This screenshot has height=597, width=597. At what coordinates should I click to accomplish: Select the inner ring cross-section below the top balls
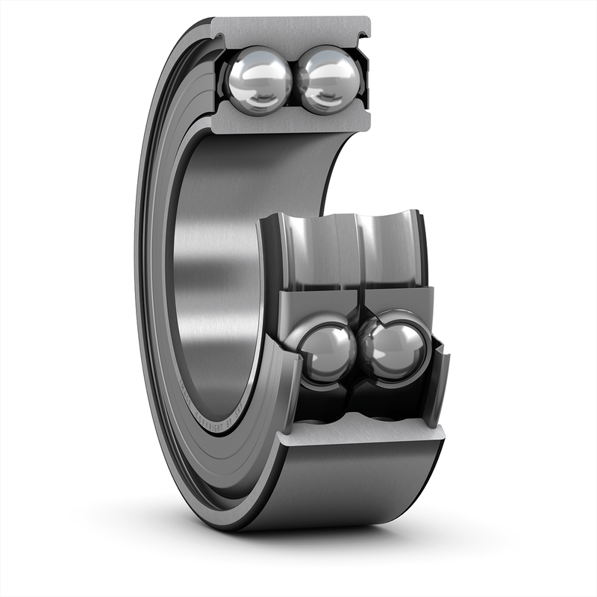[291, 119]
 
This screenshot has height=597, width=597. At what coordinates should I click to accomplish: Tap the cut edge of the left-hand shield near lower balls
[287, 373]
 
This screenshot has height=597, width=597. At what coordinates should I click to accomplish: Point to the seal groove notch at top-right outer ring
[364, 34]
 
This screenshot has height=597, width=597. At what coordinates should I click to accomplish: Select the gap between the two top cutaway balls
[294, 81]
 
